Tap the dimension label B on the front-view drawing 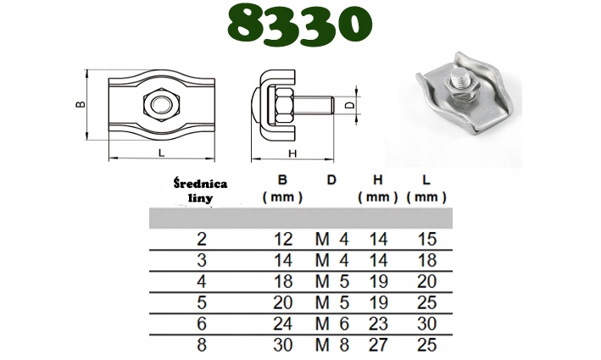81,104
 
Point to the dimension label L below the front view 162,152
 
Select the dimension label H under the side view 292,153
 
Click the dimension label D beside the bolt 350,104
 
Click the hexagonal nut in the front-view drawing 162,104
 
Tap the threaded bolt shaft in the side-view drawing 314,105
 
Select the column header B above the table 282,180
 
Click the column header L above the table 426,180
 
